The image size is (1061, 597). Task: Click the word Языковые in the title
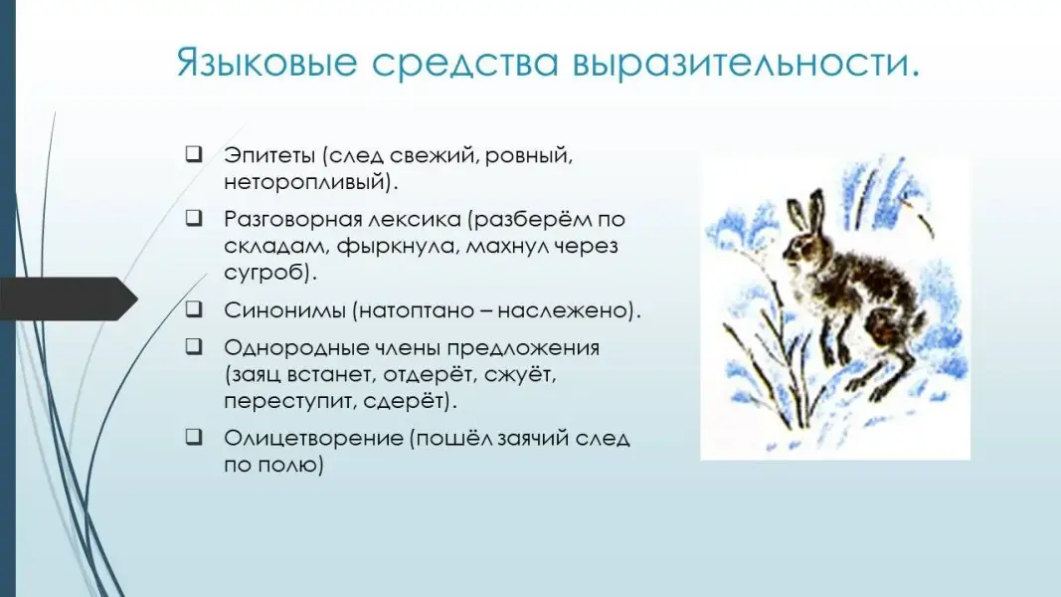pos(266,63)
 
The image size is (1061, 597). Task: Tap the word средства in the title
pos(464,63)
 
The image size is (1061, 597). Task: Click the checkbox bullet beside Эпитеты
pos(194,154)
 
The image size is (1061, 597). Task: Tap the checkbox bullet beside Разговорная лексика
pos(194,218)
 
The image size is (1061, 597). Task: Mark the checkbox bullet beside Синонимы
pos(194,309)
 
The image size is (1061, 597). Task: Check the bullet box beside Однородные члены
pos(194,346)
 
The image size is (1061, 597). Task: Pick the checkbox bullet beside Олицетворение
pos(194,437)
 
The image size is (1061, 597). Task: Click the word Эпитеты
pos(269,155)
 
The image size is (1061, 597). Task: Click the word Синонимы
pos(284,310)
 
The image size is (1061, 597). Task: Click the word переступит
pos(289,401)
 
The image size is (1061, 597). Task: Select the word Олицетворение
pos(314,439)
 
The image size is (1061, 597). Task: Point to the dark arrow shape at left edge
pos(69,298)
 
